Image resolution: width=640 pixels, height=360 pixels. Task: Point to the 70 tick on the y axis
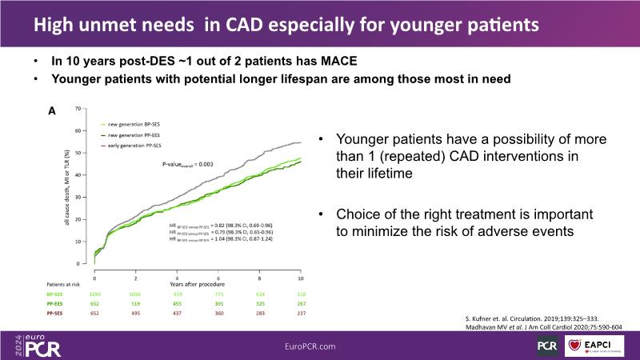click(x=78, y=107)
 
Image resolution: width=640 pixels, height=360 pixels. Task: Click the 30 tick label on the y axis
click(x=78, y=197)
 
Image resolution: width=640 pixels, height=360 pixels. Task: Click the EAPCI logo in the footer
click(x=601, y=345)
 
